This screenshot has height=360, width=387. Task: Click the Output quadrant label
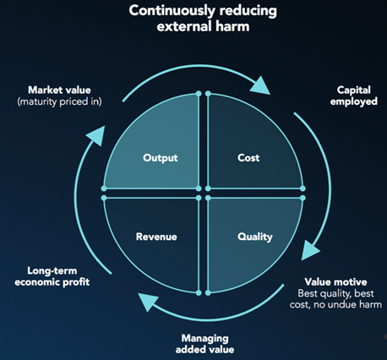161,158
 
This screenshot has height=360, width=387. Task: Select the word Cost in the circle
248,158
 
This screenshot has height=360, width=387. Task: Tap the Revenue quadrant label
156,237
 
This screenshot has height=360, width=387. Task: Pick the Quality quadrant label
255,237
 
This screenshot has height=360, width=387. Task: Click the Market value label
59,90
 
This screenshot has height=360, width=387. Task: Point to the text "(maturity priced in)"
59,101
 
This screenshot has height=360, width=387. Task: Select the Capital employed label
354,95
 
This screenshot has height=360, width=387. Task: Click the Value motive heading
335,282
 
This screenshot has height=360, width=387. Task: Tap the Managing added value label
204,344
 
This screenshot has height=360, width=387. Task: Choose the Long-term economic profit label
52,276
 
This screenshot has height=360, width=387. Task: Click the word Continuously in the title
172,11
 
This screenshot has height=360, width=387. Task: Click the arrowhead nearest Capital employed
260,86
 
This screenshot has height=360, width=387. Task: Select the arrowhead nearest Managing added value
148,302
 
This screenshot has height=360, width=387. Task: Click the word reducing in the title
248,11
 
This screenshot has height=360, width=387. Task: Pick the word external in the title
184,27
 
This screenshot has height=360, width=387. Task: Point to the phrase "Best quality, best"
335,293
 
